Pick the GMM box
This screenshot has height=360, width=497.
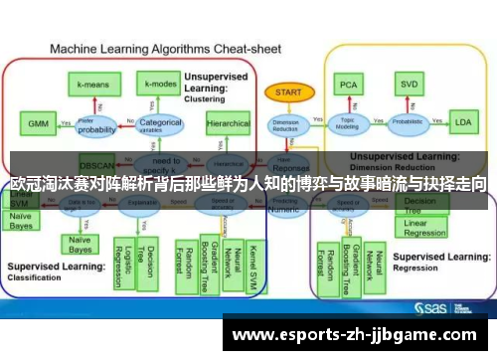(x=37, y=124)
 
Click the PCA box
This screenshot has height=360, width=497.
(x=348, y=86)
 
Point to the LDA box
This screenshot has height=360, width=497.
(x=462, y=123)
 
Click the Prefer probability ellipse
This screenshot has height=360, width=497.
(x=97, y=126)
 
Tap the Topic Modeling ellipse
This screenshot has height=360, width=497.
(x=348, y=124)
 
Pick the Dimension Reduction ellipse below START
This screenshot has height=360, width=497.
(x=284, y=126)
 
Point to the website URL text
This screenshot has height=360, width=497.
(x=359, y=334)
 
